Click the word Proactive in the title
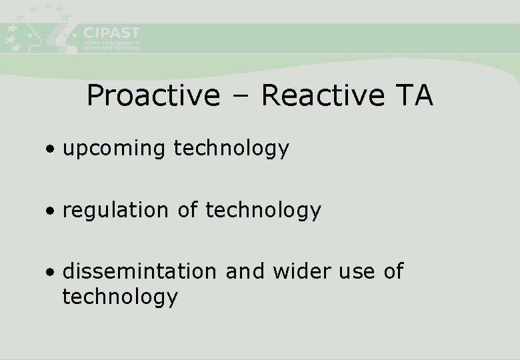point(153,96)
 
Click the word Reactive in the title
point(323,96)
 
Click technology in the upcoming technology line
point(231,149)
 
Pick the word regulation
point(115,211)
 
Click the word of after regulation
point(187,211)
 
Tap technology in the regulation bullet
point(263,211)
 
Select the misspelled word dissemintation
point(139,272)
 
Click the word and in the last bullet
point(240,272)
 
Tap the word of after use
point(393,272)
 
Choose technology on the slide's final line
point(120,297)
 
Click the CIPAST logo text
point(111,33)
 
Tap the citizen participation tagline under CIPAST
point(111,45)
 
